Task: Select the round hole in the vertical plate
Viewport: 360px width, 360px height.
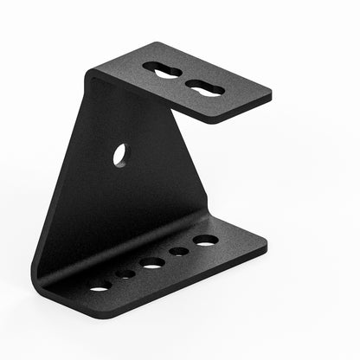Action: click(119, 155)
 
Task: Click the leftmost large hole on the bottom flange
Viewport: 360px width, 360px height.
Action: click(100, 286)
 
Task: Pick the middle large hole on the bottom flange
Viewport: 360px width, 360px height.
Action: click(153, 262)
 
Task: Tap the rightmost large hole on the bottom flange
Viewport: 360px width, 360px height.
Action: click(205, 240)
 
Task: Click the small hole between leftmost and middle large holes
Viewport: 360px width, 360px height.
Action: click(126, 274)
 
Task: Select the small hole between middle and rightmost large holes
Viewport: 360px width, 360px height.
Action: click(179, 251)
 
